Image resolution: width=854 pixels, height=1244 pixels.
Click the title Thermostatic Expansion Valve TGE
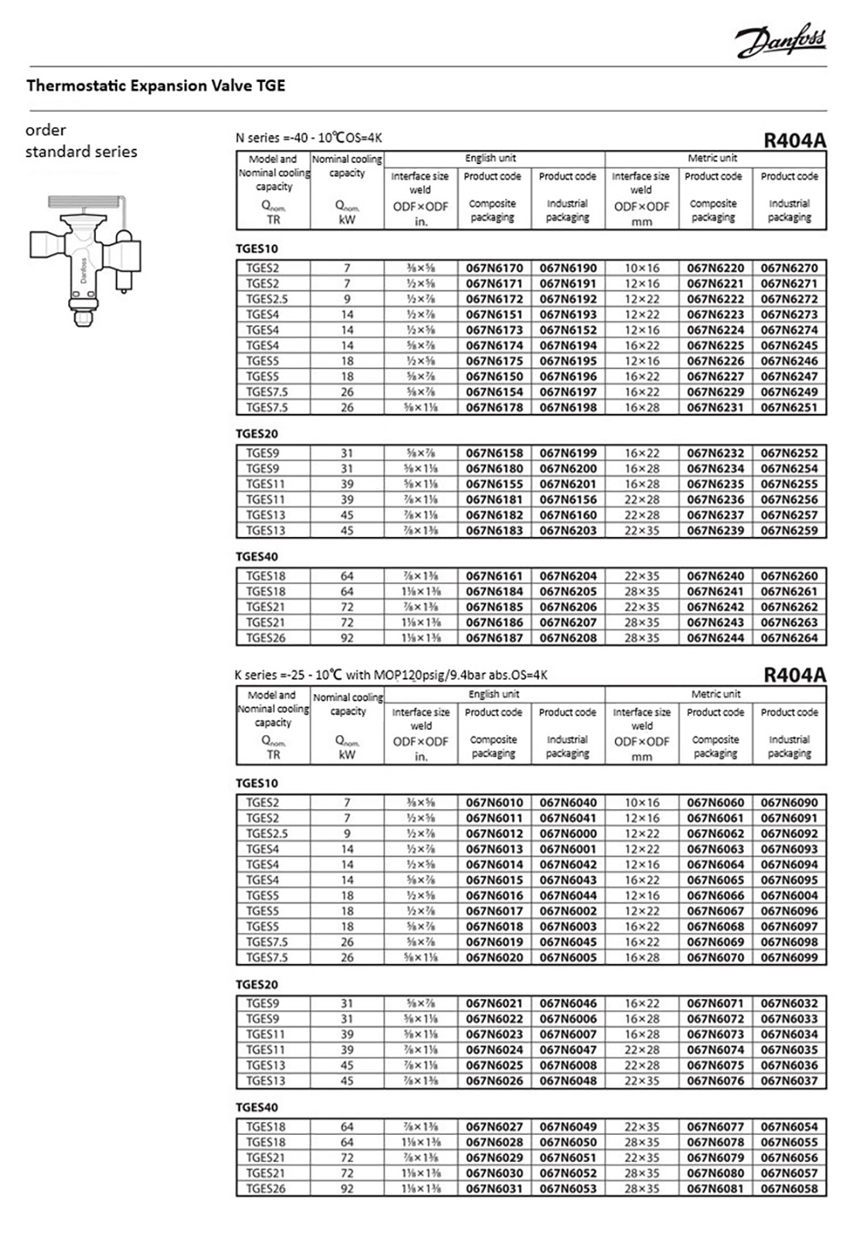155,85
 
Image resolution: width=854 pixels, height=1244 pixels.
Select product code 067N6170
494,268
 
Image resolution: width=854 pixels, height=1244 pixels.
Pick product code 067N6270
789,268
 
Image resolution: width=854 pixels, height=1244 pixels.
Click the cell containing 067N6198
568,407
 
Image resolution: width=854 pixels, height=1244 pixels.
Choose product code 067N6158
494,453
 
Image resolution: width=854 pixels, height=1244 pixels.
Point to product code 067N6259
789,530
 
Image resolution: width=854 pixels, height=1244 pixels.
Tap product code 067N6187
494,638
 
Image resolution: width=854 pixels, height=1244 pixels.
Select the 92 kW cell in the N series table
347,638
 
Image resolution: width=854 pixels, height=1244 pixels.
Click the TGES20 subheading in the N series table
257,434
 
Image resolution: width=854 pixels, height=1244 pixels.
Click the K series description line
391,675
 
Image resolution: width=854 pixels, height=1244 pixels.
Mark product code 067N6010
494,803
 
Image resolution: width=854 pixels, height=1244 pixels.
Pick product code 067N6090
789,803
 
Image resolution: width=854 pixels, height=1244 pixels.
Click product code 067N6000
568,833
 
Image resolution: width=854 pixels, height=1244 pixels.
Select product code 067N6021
494,1003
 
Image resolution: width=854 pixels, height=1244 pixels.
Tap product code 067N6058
789,1189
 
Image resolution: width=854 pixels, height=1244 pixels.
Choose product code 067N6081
715,1189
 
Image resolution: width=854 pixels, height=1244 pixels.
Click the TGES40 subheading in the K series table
257,1107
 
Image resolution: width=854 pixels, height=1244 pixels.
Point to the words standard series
81,152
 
